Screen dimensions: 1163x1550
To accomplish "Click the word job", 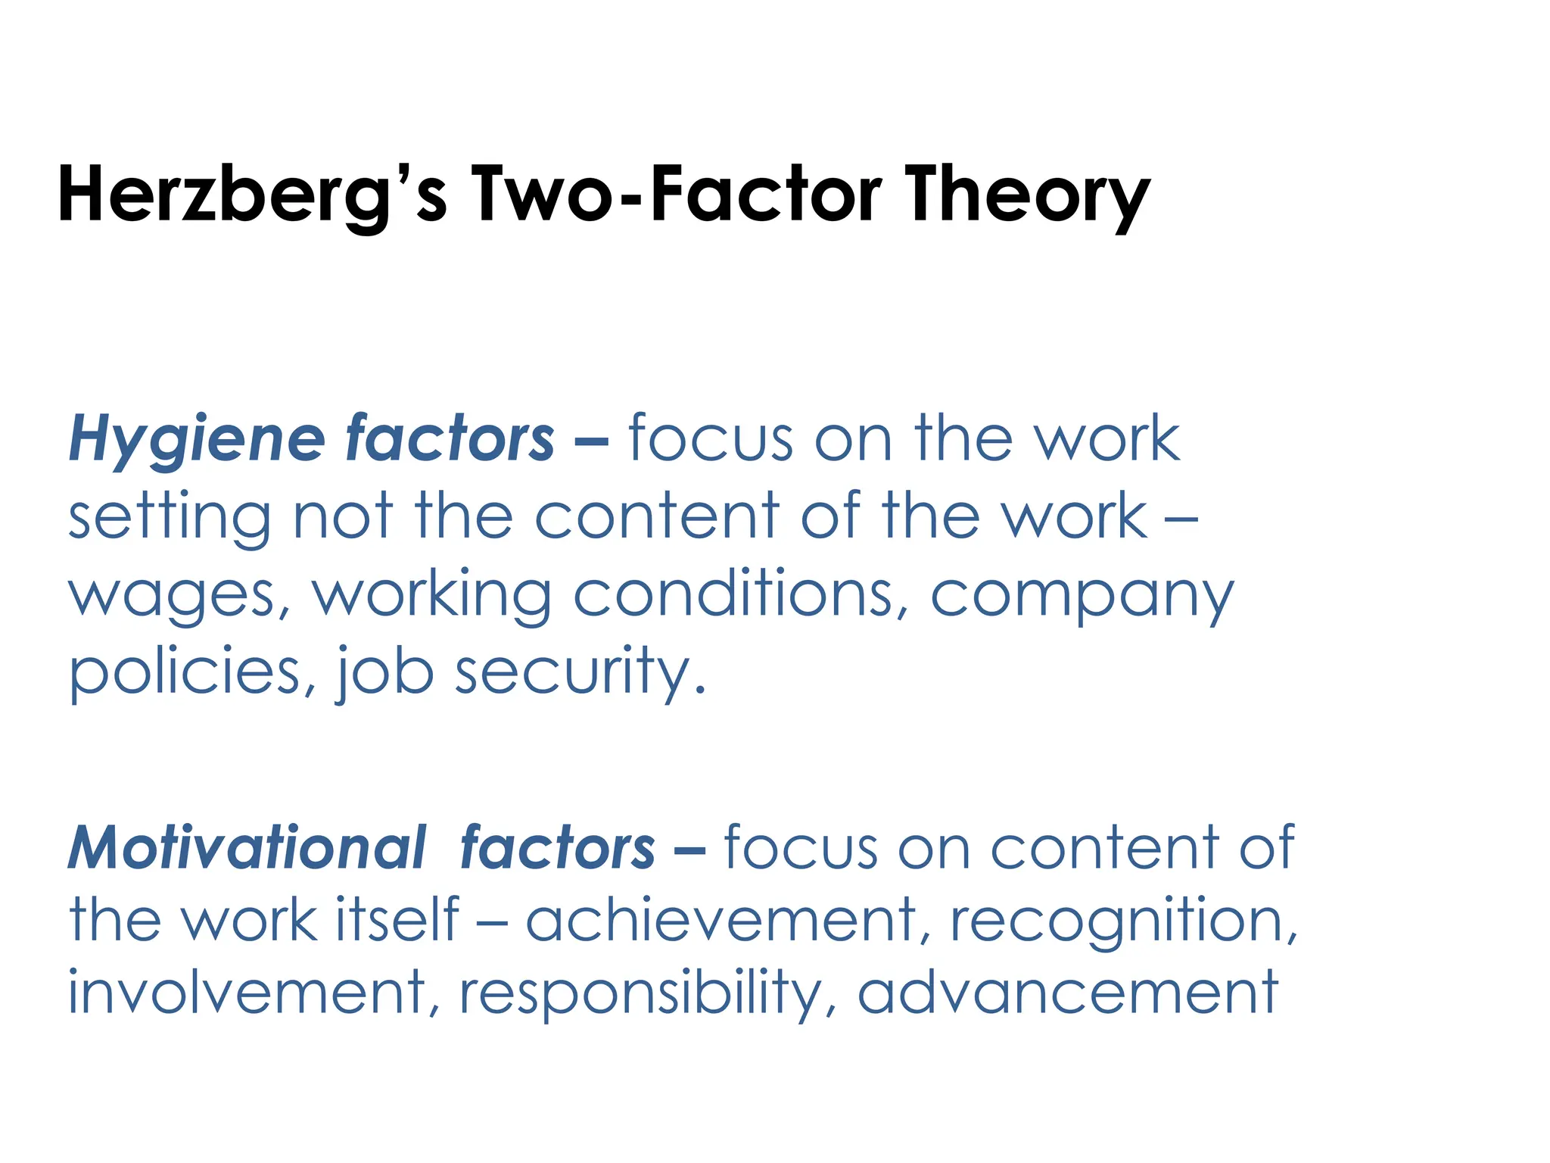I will coord(385,673).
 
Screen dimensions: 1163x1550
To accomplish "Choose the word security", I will coord(580,673).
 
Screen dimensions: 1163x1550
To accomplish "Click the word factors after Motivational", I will coord(557,848).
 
